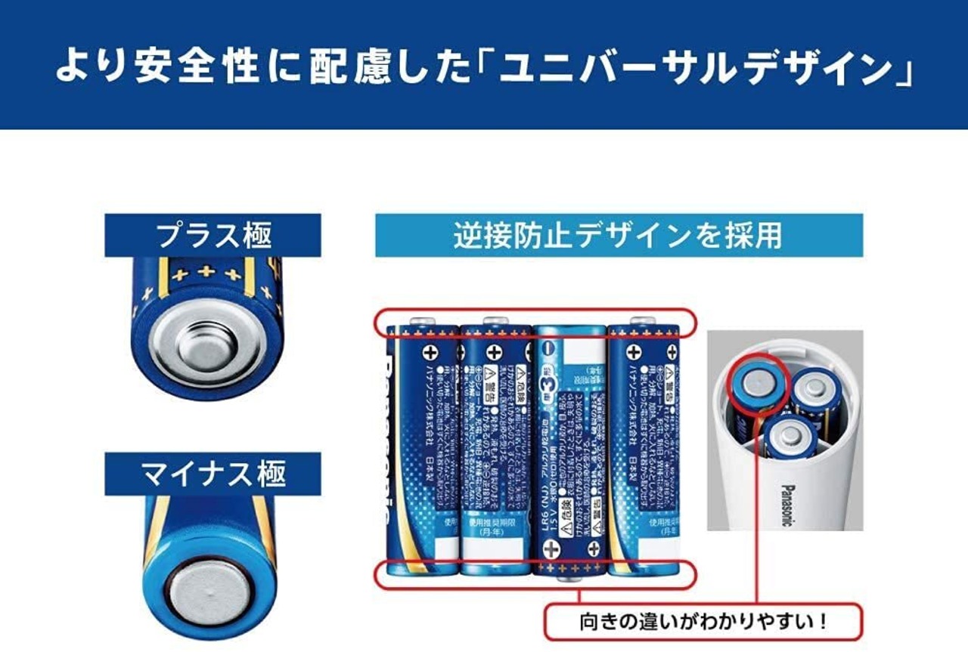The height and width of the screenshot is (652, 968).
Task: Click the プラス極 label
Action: click(213, 236)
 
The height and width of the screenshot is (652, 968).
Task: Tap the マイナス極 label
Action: click(213, 474)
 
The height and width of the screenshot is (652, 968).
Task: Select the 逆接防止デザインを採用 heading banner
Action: click(618, 236)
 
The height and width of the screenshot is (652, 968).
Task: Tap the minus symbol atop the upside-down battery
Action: click(550, 350)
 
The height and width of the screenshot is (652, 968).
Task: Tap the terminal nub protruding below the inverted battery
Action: click(566, 579)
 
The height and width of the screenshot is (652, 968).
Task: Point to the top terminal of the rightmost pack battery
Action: click(643, 320)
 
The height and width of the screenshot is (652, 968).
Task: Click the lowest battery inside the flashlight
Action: click(790, 437)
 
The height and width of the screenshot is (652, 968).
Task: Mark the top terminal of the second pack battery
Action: click(495, 320)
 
